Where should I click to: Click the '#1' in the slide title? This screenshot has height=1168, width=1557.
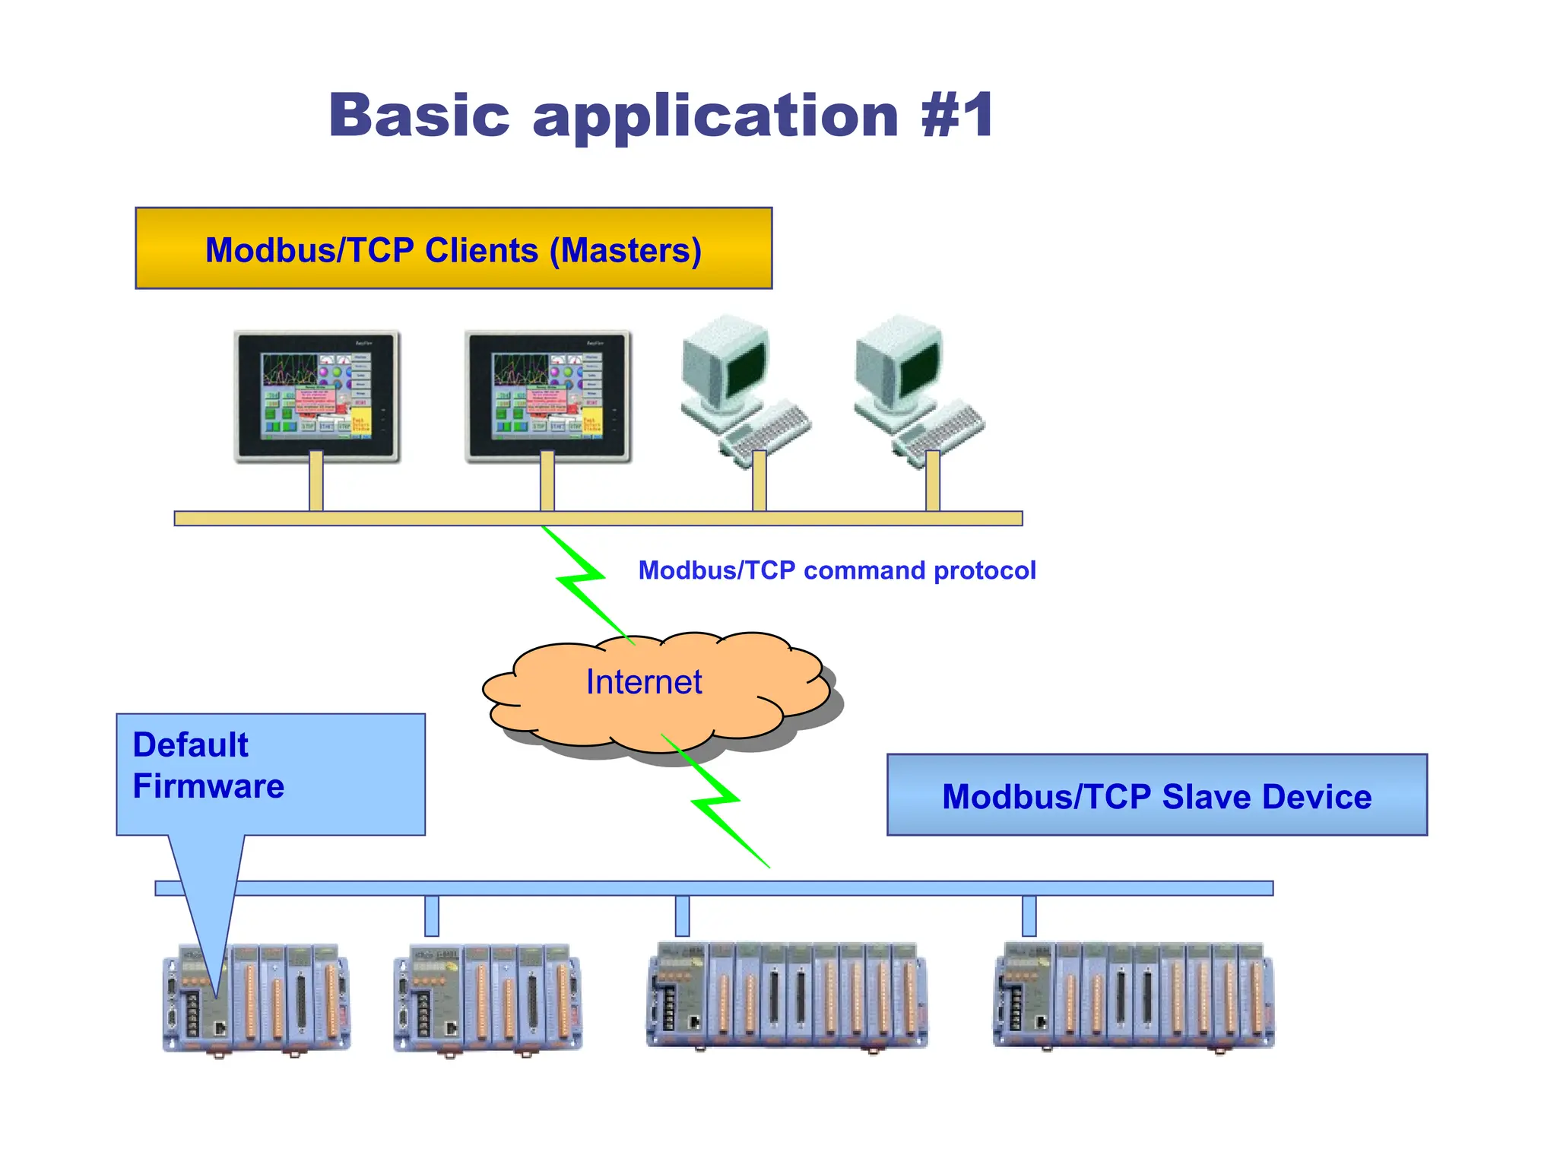[x=956, y=116]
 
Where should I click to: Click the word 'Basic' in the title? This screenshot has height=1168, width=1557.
[x=419, y=116]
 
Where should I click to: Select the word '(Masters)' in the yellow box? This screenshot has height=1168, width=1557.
[x=625, y=250]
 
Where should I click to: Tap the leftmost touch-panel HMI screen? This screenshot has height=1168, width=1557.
[x=316, y=395]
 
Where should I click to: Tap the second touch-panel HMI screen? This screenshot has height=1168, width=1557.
[x=547, y=395]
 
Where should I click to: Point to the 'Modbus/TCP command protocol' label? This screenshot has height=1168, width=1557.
[x=836, y=570]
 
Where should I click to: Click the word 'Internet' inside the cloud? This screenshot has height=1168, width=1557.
[x=643, y=682]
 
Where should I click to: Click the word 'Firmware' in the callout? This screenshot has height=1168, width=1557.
[x=208, y=786]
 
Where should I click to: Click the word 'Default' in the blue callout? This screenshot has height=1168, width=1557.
[x=190, y=745]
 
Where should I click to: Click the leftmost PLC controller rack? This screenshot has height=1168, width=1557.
[x=257, y=999]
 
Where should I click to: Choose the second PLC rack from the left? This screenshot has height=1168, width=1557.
[x=488, y=999]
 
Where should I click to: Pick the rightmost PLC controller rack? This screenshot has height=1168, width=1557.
[x=1134, y=996]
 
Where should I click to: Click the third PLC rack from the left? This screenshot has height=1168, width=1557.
[x=787, y=996]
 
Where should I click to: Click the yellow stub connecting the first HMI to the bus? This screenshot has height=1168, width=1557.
[x=316, y=481]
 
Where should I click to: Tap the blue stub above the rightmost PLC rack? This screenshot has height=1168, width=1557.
[x=1029, y=916]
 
